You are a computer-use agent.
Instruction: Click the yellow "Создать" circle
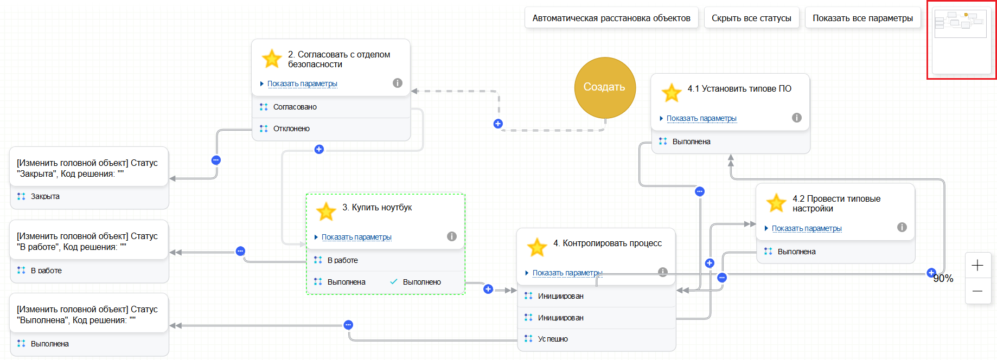tap(605, 87)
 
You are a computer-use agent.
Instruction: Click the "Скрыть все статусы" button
tap(751, 18)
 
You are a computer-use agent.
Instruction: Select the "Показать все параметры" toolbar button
tap(862, 18)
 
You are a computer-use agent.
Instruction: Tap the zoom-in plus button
tap(977, 265)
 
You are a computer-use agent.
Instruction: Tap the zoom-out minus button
tap(977, 291)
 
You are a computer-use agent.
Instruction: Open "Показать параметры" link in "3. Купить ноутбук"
tap(356, 237)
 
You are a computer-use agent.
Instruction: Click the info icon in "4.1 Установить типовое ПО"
tap(797, 118)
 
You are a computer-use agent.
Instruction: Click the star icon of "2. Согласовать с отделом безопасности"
tap(271, 59)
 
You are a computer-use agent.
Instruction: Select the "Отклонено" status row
tap(291, 128)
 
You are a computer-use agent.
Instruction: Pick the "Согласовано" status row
tap(295, 107)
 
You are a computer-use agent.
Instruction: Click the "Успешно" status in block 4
tap(553, 339)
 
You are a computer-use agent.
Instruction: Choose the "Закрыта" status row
tap(45, 196)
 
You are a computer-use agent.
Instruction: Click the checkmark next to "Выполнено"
tap(394, 281)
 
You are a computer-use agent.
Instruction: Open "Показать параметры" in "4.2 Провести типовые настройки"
tap(807, 228)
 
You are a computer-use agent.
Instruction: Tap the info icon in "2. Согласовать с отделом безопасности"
tap(398, 83)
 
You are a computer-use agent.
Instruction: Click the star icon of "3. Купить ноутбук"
tap(326, 211)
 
